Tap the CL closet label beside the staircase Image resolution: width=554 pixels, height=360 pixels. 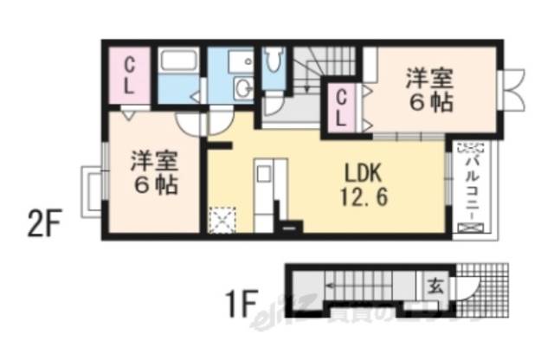point(343,108)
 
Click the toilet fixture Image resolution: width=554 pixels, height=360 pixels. point(274,61)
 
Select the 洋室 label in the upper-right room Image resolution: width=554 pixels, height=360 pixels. point(429,78)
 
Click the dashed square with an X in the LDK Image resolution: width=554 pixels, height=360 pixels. point(222,220)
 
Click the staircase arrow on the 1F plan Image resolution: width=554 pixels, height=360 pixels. point(355,284)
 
